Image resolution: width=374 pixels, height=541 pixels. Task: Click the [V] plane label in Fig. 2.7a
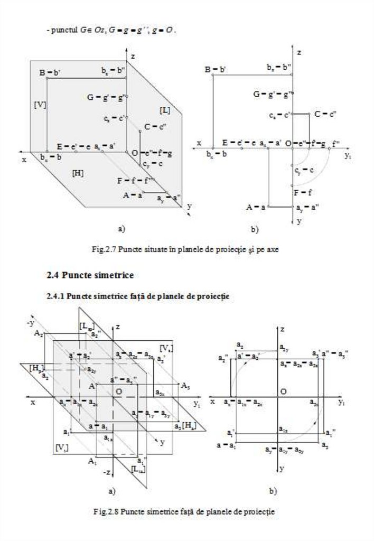coord(40,105)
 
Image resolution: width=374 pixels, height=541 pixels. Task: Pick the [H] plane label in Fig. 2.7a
coord(78,173)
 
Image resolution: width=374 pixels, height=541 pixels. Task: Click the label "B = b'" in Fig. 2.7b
coord(215,69)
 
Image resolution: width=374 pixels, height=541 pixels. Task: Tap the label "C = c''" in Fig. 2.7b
coord(325,114)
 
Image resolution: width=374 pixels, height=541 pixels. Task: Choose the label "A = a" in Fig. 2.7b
coord(256,207)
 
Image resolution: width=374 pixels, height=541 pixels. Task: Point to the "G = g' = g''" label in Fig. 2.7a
coord(106,97)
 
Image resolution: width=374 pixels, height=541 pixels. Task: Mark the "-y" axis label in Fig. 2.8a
coord(30,322)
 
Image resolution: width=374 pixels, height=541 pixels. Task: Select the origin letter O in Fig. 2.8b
coord(284,391)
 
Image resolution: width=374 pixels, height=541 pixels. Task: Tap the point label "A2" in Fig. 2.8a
coord(38,334)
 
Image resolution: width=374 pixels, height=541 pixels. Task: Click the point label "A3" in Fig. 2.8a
coord(185,386)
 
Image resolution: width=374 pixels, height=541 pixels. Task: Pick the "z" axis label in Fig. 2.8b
coord(283,330)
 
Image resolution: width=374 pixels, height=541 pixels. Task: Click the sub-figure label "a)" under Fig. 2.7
coord(121,229)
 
